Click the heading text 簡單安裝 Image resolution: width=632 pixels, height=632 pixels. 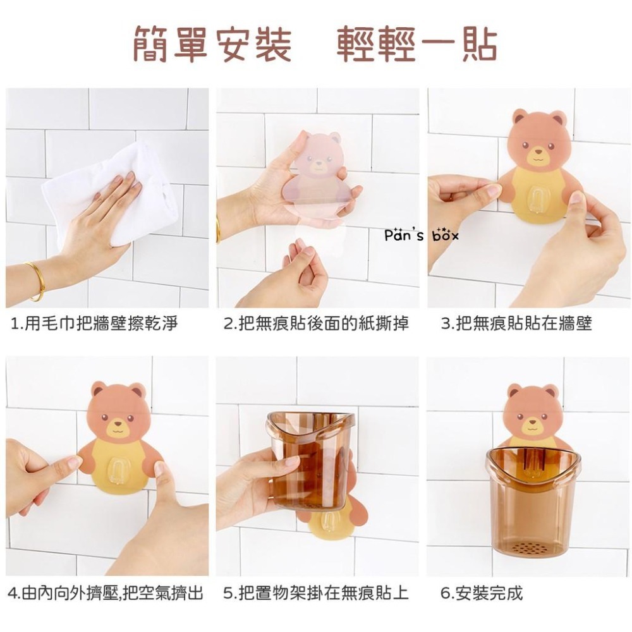212,44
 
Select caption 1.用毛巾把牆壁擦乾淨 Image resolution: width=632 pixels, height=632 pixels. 95,324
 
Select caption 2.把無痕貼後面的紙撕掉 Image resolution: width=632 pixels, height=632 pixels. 316,324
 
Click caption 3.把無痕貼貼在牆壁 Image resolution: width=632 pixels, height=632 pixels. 516,324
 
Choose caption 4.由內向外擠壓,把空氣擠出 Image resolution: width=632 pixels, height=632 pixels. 106,593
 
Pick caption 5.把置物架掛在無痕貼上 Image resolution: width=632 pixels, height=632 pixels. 316,593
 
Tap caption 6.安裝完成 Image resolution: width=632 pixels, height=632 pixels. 482,593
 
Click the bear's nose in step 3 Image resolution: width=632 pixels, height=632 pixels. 538,152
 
